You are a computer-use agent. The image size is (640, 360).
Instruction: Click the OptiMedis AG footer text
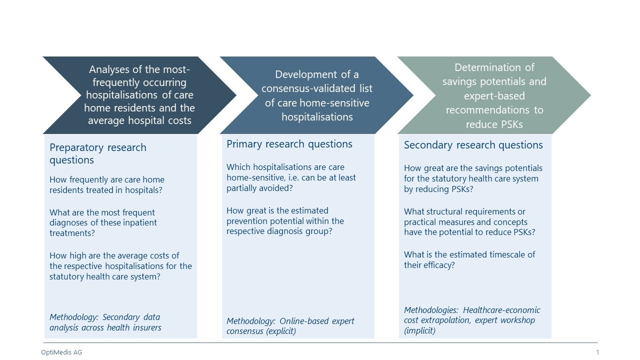coord(61,352)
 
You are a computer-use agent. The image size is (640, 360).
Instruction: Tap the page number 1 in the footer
coord(597,352)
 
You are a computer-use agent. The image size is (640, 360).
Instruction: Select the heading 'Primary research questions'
coord(289,144)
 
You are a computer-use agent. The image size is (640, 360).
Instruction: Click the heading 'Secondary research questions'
coord(473,145)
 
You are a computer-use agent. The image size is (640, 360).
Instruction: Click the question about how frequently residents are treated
coord(107,185)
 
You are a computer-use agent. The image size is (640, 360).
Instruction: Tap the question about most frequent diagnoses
coord(103,223)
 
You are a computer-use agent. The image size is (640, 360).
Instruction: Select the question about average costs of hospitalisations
coord(120,266)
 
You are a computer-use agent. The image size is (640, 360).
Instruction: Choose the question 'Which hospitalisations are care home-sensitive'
coord(291,177)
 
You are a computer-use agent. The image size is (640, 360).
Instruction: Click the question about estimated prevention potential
coord(285,221)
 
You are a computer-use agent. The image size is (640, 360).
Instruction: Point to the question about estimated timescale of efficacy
coord(469,259)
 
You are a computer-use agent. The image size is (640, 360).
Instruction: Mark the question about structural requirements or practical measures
coord(469,221)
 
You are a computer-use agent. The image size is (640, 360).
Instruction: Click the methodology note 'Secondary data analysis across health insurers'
coord(105,322)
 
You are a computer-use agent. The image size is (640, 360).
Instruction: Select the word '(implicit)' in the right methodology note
coord(419,331)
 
